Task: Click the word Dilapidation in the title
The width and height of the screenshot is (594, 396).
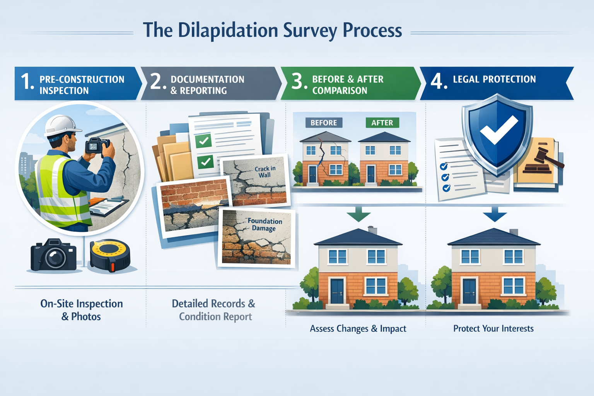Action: [x=228, y=31]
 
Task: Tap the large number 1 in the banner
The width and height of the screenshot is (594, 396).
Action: [x=27, y=82]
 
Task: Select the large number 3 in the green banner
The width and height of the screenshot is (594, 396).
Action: [x=297, y=82]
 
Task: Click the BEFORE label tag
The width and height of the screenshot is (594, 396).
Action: [x=324, y=123]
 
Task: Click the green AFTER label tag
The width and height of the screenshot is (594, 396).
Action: [x=382, y=123]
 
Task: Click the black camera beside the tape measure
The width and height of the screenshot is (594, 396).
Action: [x=54, y=255]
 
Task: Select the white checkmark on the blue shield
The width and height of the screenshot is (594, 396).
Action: [x=498, y=130]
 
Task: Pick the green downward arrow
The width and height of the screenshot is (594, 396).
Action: [x=358, y=213]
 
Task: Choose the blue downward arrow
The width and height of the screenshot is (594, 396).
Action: [x=495, y=213]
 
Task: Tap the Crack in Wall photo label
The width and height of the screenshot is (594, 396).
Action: [x=265, y=172]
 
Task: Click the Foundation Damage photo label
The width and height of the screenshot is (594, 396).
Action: [x=265, y=224]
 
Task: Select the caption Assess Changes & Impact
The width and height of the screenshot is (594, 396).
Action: [x=358, y=329]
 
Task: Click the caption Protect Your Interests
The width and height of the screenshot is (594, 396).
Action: [x=493, y=329]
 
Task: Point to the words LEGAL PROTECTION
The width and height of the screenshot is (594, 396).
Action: [x=494, y=79]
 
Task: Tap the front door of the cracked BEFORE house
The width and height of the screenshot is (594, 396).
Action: [x=312, y=174]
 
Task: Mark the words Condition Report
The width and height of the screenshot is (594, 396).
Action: [x=215, y=317]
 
